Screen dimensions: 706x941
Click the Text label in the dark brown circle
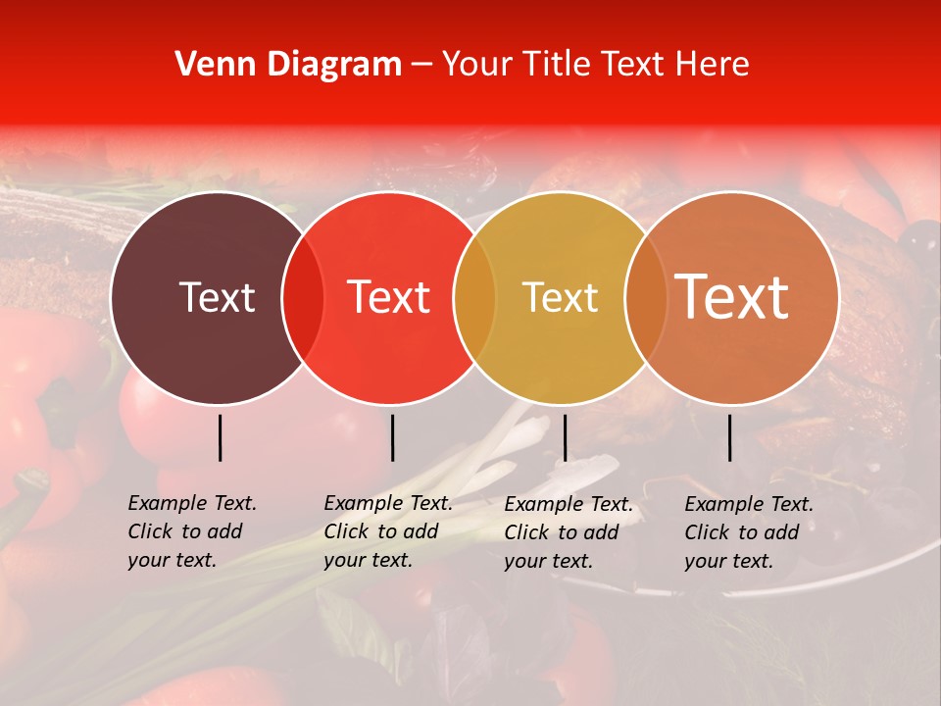pos(217,297)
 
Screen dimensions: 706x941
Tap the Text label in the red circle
pos(389,297)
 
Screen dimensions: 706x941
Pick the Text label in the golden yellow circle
pos(560,298)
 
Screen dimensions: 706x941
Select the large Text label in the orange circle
pos(732,296)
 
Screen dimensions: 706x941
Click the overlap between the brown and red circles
pos(303,298)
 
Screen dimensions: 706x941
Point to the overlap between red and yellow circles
pos(474,298)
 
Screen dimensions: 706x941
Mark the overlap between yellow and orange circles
pos(646,298)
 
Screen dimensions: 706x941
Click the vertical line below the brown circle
pos(220,437)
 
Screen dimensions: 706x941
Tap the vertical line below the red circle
pos(392,437)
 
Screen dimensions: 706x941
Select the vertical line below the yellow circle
pos(565,437)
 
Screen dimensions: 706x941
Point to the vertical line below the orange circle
pos(729,437)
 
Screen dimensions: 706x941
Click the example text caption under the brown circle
pos(192,531)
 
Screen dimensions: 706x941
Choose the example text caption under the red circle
pos(388,531)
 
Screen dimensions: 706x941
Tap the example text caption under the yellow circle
pos(569,532)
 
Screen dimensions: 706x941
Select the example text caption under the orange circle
pos(749,532)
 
